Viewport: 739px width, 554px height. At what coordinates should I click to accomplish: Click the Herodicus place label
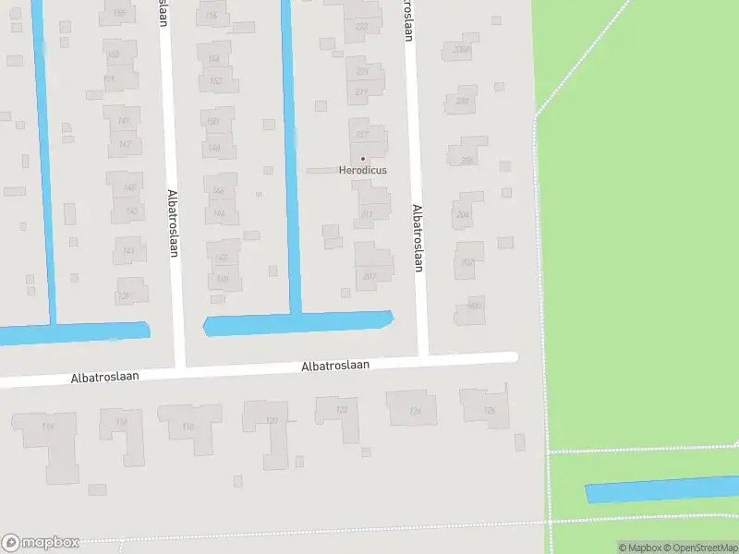click(362, 170)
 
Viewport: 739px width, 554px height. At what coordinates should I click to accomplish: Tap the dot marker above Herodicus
click(362, 159)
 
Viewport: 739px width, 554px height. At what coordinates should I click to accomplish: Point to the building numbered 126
click(489, 410)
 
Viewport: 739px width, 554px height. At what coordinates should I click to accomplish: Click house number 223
click(361, 27)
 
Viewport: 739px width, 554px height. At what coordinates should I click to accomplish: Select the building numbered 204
click(463, 214)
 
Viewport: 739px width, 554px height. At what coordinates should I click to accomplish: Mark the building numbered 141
click(129, 250)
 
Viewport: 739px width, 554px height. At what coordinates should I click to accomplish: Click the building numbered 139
click(124, 295)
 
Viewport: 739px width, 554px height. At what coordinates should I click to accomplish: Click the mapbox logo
click(41, 543)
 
